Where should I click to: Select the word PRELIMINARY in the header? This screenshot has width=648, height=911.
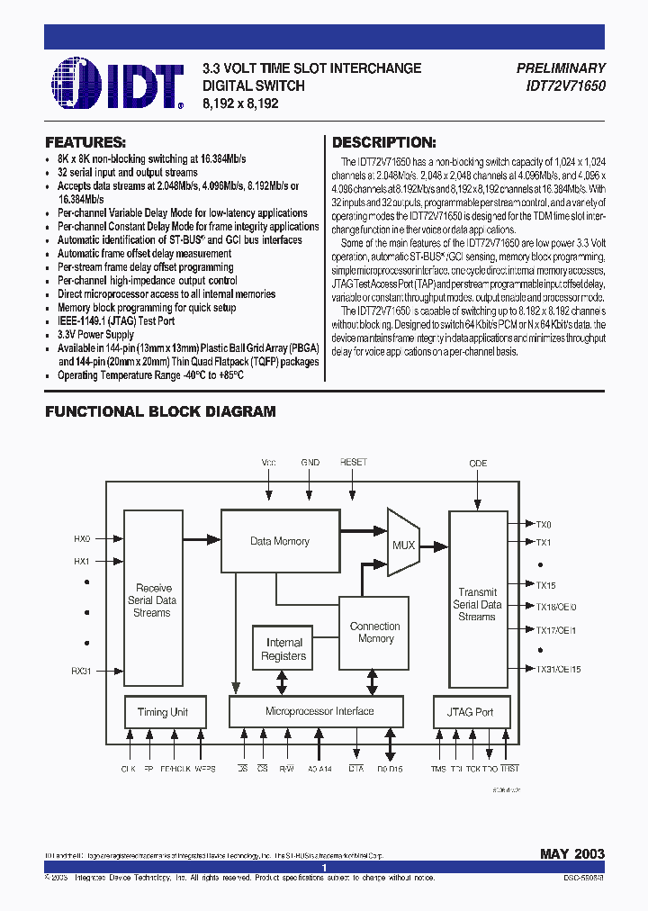point(562,68)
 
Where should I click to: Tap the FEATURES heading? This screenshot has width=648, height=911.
point(85,142)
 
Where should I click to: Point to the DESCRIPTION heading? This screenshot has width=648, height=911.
point(384,142)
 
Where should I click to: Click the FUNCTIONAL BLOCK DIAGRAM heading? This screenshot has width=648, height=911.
point(160,411)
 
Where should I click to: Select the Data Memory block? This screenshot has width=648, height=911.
point(280,541)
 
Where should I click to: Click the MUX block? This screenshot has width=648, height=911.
point(403,545)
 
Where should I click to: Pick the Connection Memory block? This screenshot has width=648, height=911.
point(374,632)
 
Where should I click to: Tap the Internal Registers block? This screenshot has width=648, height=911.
point(284,649)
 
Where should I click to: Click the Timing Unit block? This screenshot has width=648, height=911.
point(163,712)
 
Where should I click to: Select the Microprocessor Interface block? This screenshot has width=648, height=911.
point(319,711)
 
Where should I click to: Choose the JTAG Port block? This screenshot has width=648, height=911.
point(471,712)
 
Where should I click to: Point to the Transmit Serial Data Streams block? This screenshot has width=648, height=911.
point(477,604)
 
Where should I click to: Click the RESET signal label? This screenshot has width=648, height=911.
point(354,462)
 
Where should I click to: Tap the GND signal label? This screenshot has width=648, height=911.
point(310,462)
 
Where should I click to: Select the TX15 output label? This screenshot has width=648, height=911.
point(546,585)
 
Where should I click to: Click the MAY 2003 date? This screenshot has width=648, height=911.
point(572,853)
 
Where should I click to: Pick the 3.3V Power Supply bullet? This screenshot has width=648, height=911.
point(95,335)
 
